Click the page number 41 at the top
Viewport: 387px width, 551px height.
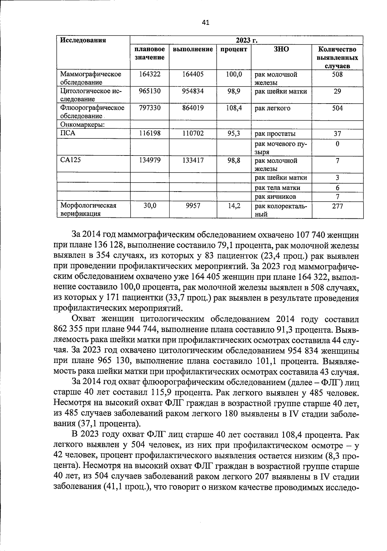[x=205, y=22]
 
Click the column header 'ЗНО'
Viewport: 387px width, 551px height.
[x=281, y=49]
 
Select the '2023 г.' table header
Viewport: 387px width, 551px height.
[x=246, y=40]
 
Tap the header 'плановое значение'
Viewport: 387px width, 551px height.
[x=149, y=53]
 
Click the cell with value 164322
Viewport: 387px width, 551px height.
[x=149, y=74]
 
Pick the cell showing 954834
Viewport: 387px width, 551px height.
[x=193, y=91]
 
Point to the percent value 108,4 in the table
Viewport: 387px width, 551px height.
[x=234, y=108]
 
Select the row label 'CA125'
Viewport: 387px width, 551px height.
[x=70, y=160]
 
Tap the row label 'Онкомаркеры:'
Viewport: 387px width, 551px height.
[x=82, y=125]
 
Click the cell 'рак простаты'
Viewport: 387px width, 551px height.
[x=275, y=134]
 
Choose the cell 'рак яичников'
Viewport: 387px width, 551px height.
[x=275, y=196]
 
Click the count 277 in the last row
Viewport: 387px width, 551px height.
[x=337, y=206]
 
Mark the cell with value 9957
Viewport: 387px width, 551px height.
[x=193, y=205]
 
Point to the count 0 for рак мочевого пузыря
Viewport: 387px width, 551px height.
[x=337, y=144]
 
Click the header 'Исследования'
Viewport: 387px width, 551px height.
[x=83, y=40]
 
